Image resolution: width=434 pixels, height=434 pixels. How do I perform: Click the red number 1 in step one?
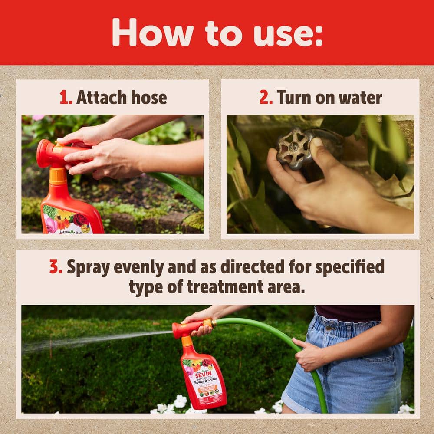pos(65,98)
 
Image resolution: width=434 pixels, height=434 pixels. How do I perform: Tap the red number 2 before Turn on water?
pos(266,98)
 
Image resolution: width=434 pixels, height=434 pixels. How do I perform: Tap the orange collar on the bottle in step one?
pos(58,176)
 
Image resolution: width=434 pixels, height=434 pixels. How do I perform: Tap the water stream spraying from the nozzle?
pos(95,339)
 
